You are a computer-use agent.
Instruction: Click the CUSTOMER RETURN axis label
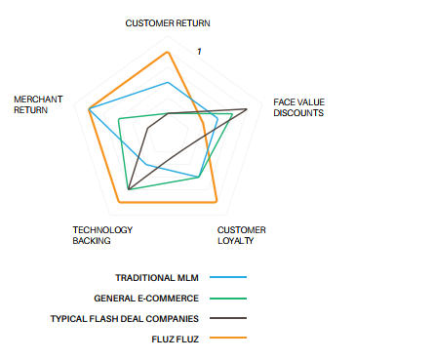[x=168, y=23]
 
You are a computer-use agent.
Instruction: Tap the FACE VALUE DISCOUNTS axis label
[x=298, y=107]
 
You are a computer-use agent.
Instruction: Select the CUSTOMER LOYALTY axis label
[x=242, y=235]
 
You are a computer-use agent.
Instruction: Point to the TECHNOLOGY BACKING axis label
[x=102, y=235]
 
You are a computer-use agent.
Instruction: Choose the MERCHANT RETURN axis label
[x=38, y=104]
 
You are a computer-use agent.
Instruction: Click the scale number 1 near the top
[x=199, y=52]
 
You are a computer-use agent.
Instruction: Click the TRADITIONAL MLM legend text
[x=157, y=278]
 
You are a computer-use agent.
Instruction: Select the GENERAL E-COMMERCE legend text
[x=146, y=299]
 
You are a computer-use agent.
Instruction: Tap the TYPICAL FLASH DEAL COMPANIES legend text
[x=125, y=319]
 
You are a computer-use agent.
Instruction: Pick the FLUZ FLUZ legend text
[x=175, y=340]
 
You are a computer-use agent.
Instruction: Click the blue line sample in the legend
[x=228, y=277]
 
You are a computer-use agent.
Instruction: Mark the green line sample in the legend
[x=228, y=299]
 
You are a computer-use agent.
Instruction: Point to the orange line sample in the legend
[x=228, y=338]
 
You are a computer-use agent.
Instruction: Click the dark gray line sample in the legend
[x=228, y=318]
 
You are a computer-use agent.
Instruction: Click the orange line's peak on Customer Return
[x=168, y=52]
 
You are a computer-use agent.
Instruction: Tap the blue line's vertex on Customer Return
[x=168, y=83]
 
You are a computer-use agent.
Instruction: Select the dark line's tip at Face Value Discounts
[x=247, y=109]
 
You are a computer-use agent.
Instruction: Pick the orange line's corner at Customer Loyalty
[x=217, y=202]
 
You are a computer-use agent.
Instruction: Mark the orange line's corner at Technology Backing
[x=119, y=202]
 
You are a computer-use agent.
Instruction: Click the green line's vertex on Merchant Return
[x=119, y=119]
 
